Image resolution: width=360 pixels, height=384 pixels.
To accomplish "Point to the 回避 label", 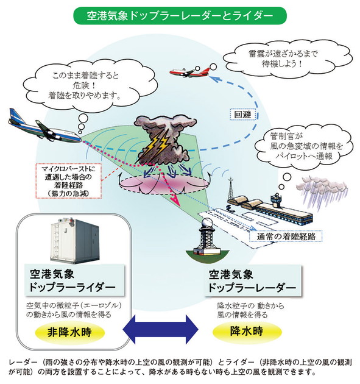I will (242, 113).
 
